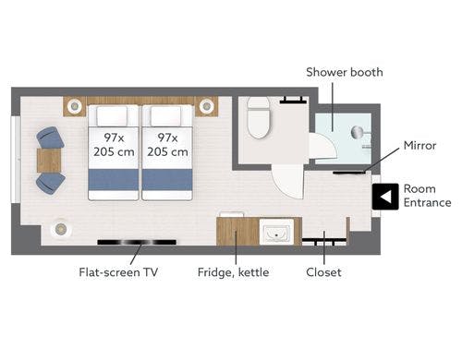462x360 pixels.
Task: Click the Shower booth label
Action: click(345, 72)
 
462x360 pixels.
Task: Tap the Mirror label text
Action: click(419, 145)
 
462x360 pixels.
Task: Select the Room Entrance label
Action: click(427, 196)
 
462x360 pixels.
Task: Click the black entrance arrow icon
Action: click(385, 197)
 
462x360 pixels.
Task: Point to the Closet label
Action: click(323, 272)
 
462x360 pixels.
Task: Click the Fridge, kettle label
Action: click(233, 272)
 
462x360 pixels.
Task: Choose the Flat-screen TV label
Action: click(118, 272)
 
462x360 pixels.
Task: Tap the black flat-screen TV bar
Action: click(137, 242)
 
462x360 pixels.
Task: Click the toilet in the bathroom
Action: click(259, 117)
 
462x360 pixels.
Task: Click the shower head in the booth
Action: click(358, 132)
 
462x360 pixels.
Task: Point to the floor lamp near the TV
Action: click(60, 229)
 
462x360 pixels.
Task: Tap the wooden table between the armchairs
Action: click(49, 161)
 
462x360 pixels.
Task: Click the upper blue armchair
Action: click(50, 138)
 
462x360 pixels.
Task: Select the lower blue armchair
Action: click(51, 183)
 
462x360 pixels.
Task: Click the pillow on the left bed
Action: click(112, 115)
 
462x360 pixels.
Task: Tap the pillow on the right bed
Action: click(166, 115)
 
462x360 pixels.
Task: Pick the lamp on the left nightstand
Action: click(74, 106)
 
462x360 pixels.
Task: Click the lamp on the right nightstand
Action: click(206, 106)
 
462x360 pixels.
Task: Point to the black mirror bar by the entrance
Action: click(349, 173)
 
